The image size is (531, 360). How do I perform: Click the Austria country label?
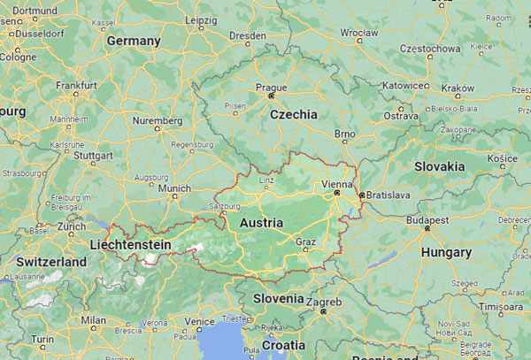261,222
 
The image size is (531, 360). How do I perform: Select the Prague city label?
271,88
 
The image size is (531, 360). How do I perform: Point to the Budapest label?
427,218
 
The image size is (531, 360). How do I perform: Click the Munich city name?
174,188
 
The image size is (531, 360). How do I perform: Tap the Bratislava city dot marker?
361,195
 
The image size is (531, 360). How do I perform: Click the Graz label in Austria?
306,241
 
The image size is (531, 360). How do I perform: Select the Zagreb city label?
325,303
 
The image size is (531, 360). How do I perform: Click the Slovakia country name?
439,165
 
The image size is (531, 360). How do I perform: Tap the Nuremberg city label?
158,119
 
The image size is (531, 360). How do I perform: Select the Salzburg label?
226,206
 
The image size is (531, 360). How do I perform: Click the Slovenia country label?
278,298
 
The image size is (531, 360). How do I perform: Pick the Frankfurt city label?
76,85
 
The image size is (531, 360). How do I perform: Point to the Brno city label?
345,133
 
